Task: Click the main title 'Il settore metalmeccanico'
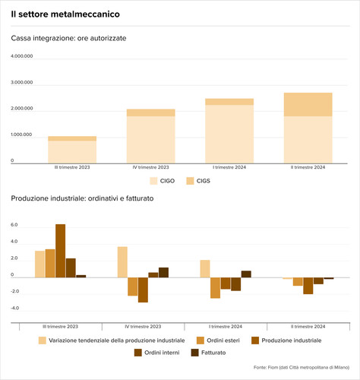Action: (65, 14)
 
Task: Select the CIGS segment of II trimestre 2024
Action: (308, 105)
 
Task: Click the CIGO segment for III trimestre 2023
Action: (72, 152)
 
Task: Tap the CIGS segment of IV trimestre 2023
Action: (151, 112)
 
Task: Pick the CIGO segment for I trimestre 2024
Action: (229, 134)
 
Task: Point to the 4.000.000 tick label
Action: (22, 56)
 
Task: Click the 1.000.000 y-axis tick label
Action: (21, 135)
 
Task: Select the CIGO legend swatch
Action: (153, 181)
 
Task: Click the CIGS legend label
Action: (204, 181)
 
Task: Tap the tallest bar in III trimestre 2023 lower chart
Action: (61, 251)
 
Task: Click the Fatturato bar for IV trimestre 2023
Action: (163, 273)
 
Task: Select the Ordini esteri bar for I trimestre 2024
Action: (215, 288)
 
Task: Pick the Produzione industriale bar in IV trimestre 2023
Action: (143, 290)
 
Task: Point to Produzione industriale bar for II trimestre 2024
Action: (308, 286)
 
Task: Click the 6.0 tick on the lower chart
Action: (14, 225)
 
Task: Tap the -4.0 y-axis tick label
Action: (14, 308)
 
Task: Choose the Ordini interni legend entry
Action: (156, 353)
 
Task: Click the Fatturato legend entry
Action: (208, 353)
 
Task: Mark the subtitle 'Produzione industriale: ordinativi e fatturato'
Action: (82, 198)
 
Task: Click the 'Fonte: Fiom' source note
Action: (302, 367)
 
